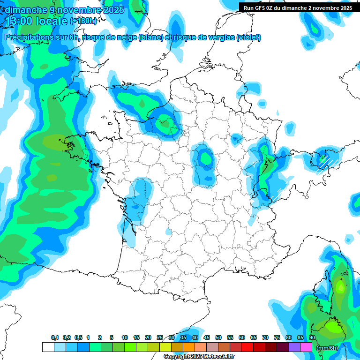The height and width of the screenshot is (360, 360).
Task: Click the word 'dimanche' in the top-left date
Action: pyautogui.click(x=23, y=10)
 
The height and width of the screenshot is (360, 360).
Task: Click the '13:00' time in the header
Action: pyautogui.click(x=22, y=21)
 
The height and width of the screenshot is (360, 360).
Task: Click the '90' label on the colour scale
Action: pyautogui.click(x=312, y=337)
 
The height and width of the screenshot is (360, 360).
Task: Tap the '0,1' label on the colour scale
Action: pyautogui.click(x=55, y=337)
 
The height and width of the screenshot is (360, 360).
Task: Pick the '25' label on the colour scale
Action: pyautogui.click(x=160, y=337)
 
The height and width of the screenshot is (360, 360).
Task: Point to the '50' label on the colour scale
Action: pyautogui.click(x=218, y=337)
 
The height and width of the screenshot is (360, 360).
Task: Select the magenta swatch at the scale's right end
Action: pyautogui.click(x=306, y=347)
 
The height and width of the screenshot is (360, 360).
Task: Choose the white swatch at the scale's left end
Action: pyautogui.click(x=48, y=347)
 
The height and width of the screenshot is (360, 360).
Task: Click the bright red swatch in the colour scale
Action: pyautogui.click(x=247, y=347)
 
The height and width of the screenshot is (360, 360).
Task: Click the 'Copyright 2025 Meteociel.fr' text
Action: pyautogui.click(x=199, y=356)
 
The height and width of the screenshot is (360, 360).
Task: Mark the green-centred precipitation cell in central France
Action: pyautogui.click(x=205, y=159)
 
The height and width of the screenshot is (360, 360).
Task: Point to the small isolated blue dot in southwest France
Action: pyautogui.click(x=168, y=232)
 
